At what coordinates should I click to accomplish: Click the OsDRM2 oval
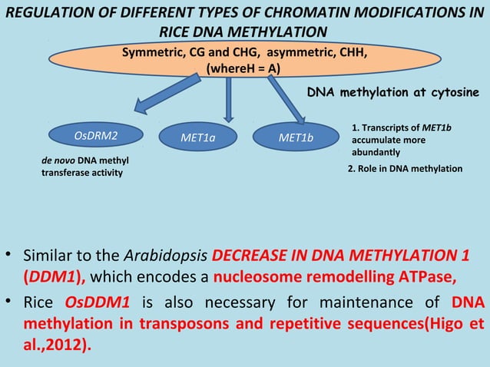coord(91,137)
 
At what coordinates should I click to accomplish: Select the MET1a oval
coord(197,137)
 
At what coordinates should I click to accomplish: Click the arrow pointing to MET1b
coord(285,98)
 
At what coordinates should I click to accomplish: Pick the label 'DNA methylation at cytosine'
coord(393,92)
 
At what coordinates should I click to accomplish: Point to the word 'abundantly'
coord(376,153)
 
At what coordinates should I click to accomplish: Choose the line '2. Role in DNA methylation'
coord(405,168)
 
